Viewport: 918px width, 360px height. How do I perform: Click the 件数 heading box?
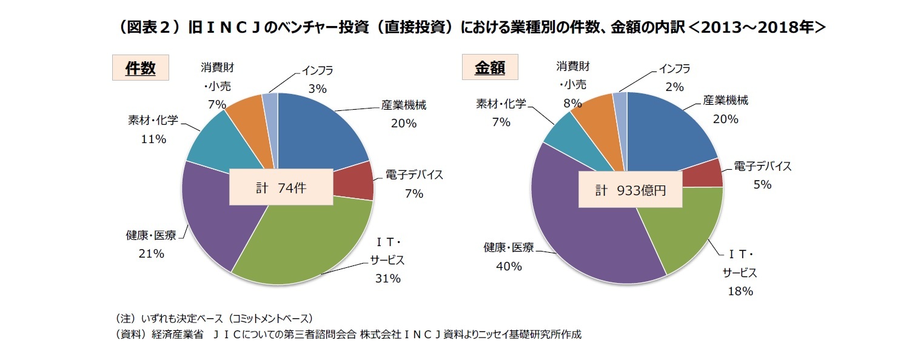point(140,68)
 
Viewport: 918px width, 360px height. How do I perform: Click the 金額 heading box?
point(489,68)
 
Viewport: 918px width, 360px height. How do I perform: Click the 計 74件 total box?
point(281,188)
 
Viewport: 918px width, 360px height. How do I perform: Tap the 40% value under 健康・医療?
point(509,266)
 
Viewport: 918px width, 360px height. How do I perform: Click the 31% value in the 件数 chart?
point(387,279)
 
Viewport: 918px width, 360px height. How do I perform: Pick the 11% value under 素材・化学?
point(153,139)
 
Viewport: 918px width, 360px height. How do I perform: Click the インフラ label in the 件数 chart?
point(317,70)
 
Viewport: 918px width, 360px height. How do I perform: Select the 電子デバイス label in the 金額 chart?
point(762,166)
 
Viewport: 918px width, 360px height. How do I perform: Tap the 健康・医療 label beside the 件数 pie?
point(151,235)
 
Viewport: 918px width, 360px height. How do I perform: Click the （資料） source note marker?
point(130,335)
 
